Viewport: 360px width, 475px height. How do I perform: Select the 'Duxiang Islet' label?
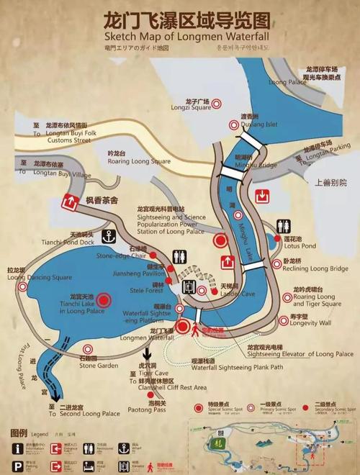click(259, 124)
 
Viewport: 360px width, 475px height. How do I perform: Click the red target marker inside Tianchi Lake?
click(105, 300)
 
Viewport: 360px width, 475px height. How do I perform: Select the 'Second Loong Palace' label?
click(89, 414)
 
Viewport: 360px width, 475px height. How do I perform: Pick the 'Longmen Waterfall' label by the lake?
click(148, 338)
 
